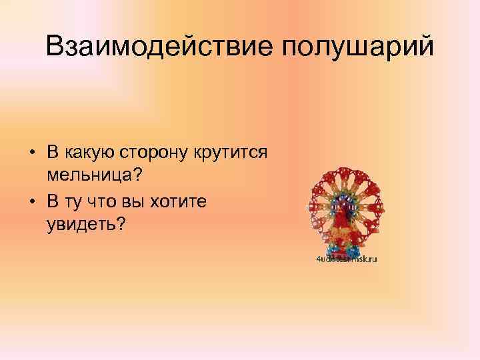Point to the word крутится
231,152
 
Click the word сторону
155,152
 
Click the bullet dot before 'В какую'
33,153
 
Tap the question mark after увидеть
121,223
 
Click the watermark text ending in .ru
347,259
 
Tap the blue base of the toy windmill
344,251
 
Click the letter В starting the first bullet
51,152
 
